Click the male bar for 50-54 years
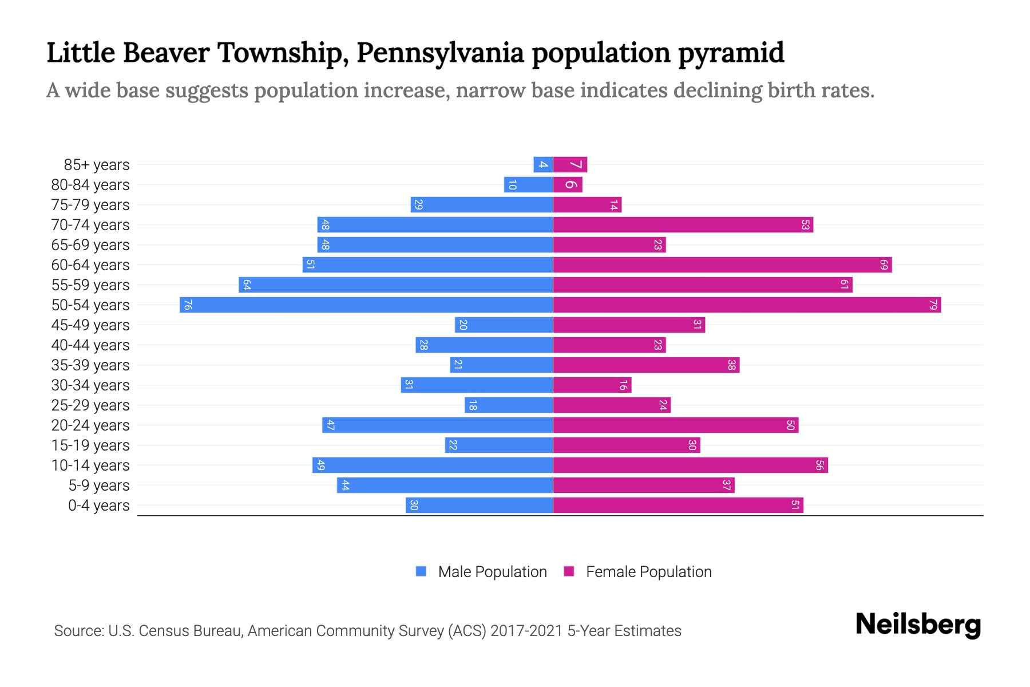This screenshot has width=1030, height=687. (x=366, y=305)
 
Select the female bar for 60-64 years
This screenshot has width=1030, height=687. (x=722, y=264)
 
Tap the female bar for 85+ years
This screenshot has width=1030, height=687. (x=570, y=165)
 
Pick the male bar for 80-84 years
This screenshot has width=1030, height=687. (x=528, y=185)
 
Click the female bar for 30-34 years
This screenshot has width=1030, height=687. (x=592, y=385)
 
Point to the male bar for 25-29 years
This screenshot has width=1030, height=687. (x=509, y=405)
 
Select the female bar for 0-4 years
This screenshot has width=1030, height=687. (x=678, y=506)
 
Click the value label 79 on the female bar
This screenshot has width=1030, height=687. (x=933, y=305)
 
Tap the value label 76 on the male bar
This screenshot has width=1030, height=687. (x=187, y=305)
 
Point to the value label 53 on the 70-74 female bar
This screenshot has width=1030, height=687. (x=805, y=225)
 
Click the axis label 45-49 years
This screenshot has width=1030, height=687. (x=90, y=325)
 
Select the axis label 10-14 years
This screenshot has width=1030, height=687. (x=90, y=465)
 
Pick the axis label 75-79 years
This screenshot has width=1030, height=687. (x=90, y=205)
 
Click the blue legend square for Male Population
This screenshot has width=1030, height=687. (x=421, y=571)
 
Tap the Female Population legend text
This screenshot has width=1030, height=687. (x=648, y=572)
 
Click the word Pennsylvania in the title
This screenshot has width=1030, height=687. (x=440, y=53)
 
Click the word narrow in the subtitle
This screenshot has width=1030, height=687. (x=490, y=90)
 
